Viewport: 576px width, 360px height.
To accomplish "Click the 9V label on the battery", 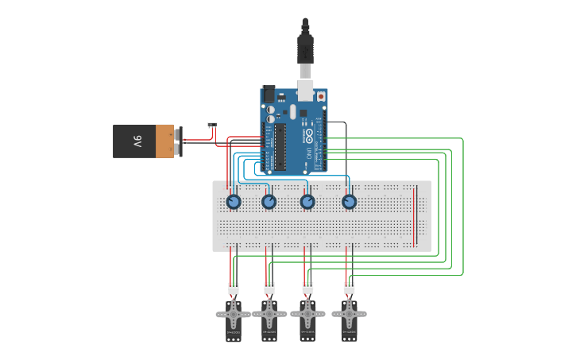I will pos(137,141).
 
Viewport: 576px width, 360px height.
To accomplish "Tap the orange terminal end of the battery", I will pos(165,141).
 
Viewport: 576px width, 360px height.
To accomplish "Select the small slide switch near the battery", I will pos(212,125).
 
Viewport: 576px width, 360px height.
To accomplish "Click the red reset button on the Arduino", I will pos(321,96).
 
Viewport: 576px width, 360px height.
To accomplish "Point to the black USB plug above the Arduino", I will pos(305,48).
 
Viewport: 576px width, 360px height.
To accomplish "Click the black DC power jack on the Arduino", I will pos(269,94).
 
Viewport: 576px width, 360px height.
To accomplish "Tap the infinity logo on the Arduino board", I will pos(309,135).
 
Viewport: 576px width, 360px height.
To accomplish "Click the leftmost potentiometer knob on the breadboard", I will pos(234,202).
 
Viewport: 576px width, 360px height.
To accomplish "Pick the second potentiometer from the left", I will pos(269,202).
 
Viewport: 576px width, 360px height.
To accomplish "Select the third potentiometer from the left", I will pos(307,202).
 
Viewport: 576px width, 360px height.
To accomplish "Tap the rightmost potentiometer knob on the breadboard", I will pos(350,202).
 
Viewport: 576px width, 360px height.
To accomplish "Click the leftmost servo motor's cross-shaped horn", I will pos(234,315).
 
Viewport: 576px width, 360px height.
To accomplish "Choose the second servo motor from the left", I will pos(269,315).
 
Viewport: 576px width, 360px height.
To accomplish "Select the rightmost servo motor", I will pos(349,315).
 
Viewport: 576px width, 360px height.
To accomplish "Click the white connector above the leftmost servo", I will pos(234,288).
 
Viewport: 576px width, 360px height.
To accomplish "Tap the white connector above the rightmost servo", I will pos(349,287).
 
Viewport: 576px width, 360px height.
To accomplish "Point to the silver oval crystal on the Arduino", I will pos(292,111).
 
